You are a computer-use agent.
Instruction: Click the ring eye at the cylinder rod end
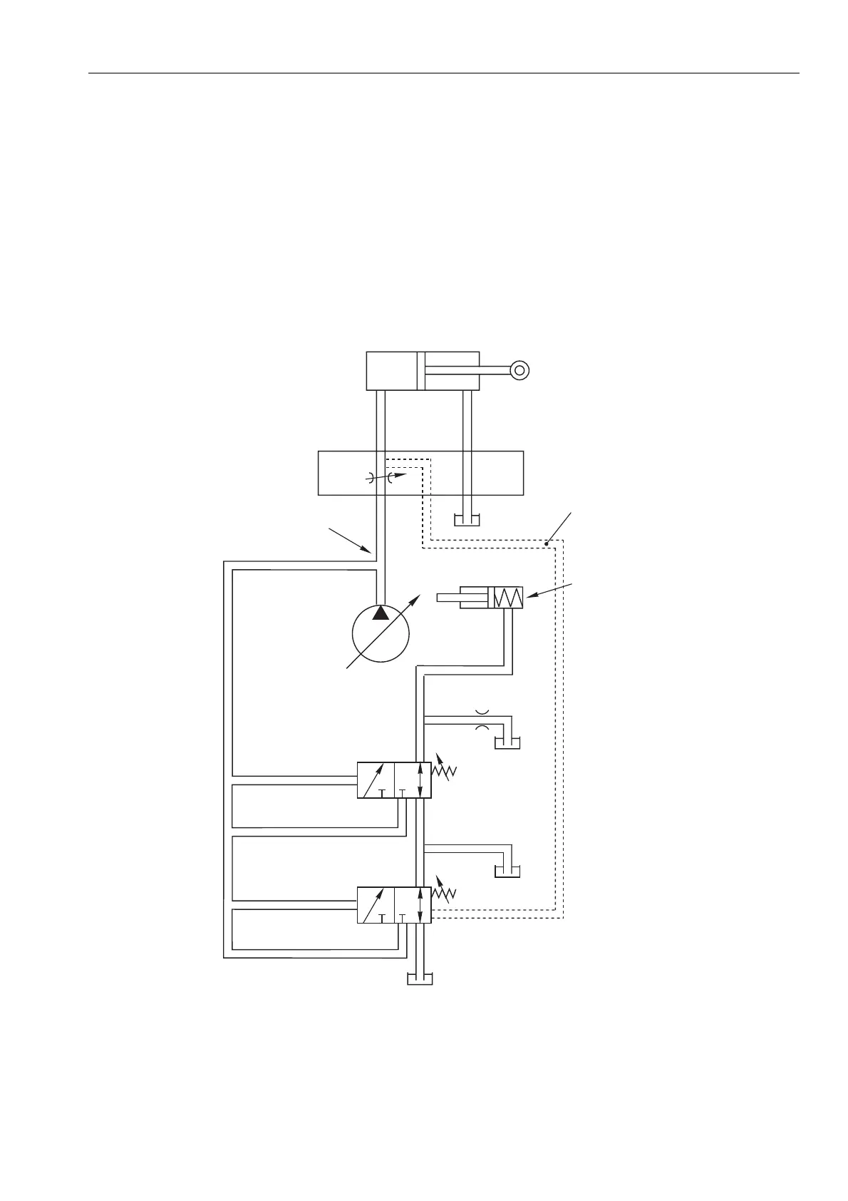pos(520,369)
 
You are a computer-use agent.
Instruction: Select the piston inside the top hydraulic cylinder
pos(420,370)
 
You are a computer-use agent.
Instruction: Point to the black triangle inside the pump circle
pos(381,613)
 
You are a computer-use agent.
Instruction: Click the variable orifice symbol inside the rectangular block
pos(384,477)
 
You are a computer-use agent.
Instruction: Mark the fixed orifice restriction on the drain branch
pos(482,719)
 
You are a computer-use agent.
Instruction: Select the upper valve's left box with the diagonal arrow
pos(376,780)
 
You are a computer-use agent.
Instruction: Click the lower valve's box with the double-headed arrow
pos(413,905)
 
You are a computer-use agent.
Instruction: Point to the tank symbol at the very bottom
pos(419,978)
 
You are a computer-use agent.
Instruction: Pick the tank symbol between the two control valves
pos(507,871)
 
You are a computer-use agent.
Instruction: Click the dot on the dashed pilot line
pos(547,544)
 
